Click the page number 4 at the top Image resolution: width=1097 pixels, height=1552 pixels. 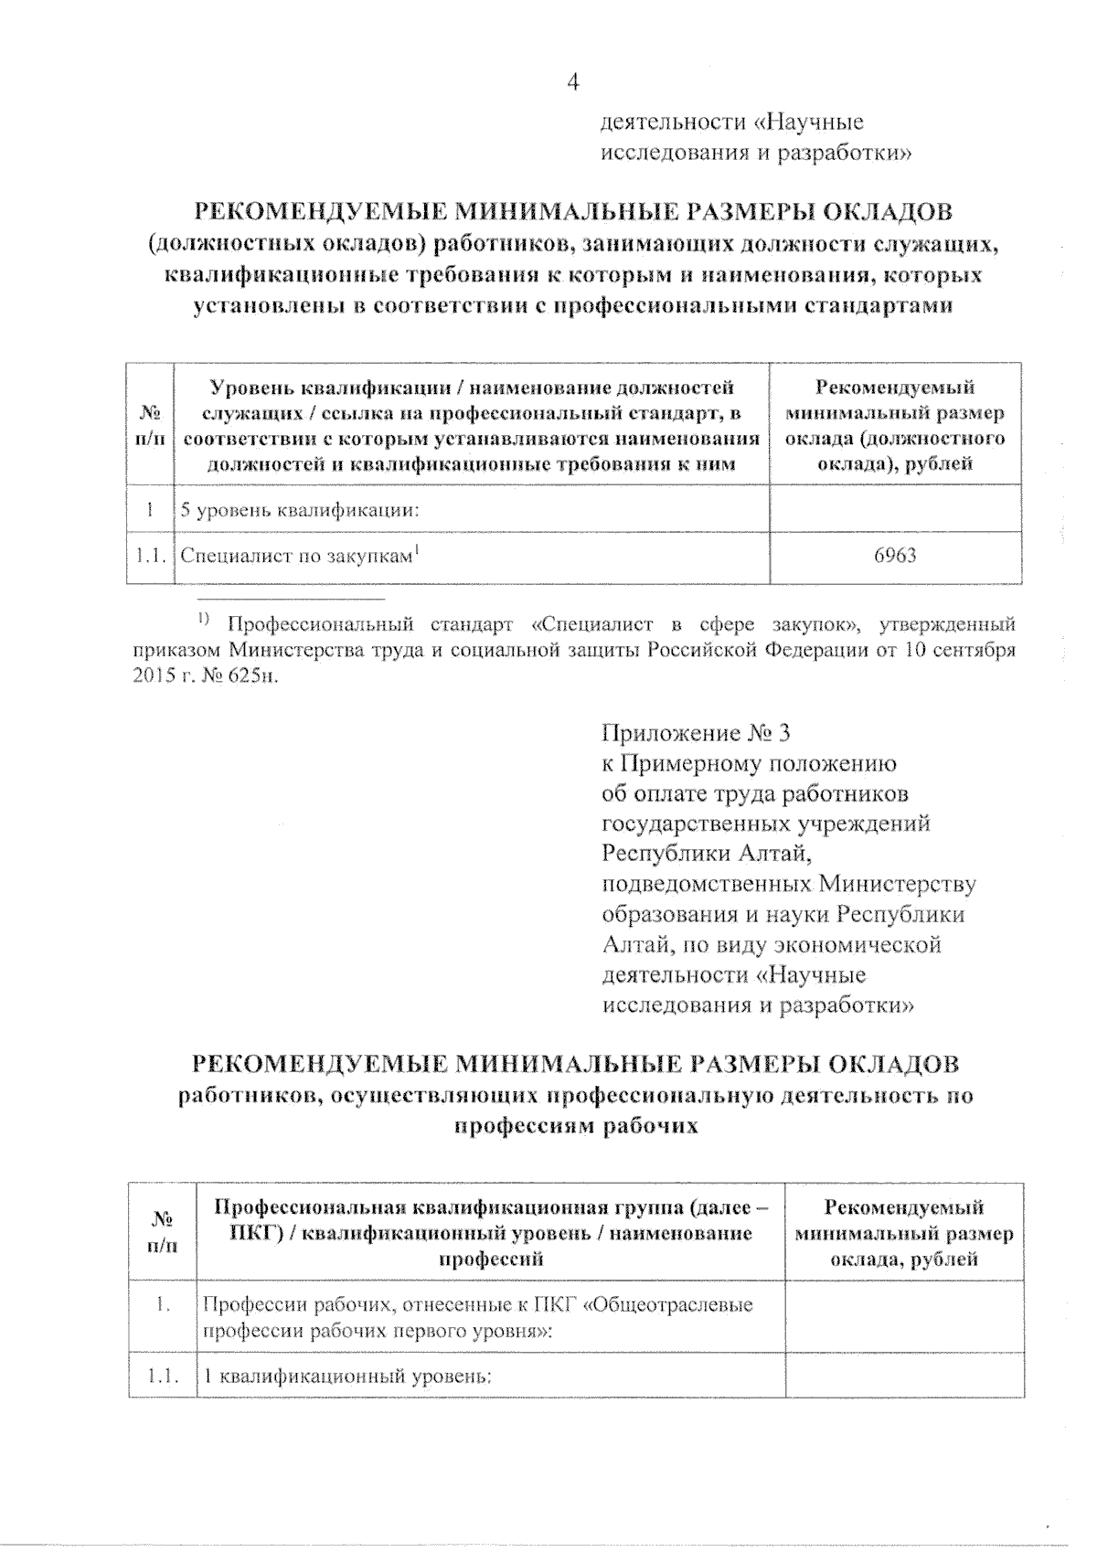click(573, 82)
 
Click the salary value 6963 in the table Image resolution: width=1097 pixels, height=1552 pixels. click(895, 556)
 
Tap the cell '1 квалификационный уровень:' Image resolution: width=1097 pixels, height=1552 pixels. click(348, 1376)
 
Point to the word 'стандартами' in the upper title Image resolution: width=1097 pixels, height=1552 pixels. click(878, 305)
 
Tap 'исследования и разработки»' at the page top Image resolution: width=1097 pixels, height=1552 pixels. click(755, 153)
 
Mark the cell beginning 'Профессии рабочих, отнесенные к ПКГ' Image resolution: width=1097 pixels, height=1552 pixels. click(477, 1316)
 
